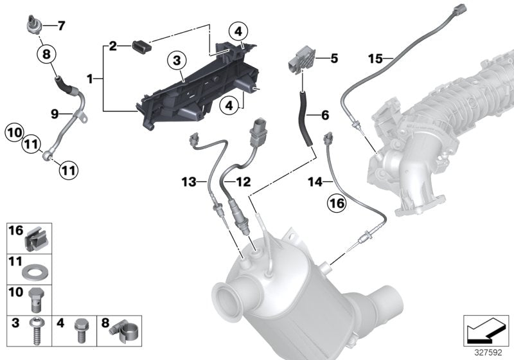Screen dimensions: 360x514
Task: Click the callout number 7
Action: (61, 26)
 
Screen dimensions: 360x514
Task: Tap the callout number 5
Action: (333, 59)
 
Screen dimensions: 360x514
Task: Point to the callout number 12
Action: (242, 182)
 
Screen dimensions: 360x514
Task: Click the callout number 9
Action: (56, 114)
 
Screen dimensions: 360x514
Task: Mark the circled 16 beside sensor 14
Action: (337, 204)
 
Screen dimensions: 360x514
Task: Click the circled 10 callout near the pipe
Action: (13, 134)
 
